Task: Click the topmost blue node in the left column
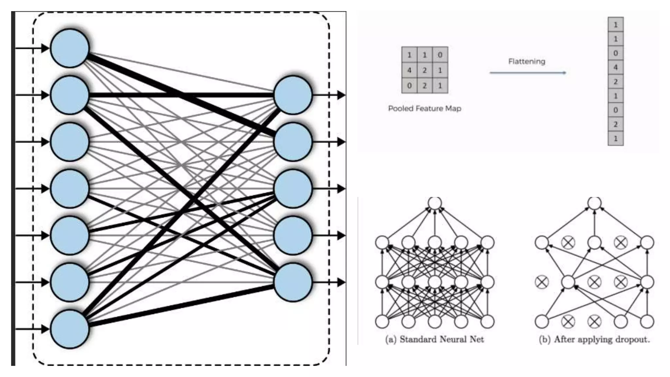click(x=70, y=48)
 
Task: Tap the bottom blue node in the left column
click(x=70, y=329)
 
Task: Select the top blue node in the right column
click(x=293, y=95)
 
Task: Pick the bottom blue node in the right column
click(x=293, y=282)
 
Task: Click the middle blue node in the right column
click(x=293, y=189)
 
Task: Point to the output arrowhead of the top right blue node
click(x=341, y=95)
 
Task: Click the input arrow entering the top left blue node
click(x=33, y=48)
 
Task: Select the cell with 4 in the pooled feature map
click(x=409, y=70)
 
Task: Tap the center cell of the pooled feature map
click(x=425, y=70)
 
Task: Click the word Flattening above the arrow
click(x=526, y=61)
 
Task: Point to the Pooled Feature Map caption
click(x=424, y=108)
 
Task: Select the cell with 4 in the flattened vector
click(x=615, y=67)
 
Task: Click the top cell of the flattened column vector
click(x=615, y=25)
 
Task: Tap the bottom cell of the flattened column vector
click(x=615, y=138)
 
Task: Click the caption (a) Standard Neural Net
click(x=434, y=339)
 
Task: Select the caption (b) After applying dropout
click(x=594, y=339)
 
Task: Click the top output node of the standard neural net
click(x=435, y=203)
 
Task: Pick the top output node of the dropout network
click(x=594, y=203)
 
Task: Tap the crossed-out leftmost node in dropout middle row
click(x=542, y=282)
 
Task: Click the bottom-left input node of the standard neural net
click(x=382, y=321)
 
